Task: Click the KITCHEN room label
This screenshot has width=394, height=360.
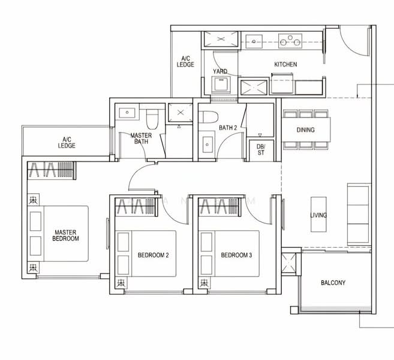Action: point(285,64)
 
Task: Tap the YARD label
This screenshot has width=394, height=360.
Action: point(220,71)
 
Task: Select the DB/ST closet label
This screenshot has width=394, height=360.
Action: point(261,149)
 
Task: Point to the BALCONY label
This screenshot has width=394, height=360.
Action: point(333,283)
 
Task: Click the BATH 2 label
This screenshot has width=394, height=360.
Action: point(228,128)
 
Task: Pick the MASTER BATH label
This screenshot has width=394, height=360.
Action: point(141,139)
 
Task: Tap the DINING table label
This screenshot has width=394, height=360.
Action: point(306,130)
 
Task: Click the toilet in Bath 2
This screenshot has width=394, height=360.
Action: point(208,117)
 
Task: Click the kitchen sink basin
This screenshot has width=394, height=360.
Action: point(254,41)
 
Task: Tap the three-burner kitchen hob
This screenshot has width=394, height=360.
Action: point(290,41)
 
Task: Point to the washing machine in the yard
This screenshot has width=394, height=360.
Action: point(221,85)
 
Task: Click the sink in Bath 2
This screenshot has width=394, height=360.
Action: point(207,145)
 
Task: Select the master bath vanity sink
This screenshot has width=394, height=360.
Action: point(127,113)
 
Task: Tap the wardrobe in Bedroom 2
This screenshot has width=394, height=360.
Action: point(136,207)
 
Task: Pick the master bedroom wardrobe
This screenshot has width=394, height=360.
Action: point(51,170)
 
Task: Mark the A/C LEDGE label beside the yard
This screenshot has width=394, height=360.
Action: point(185,62)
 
